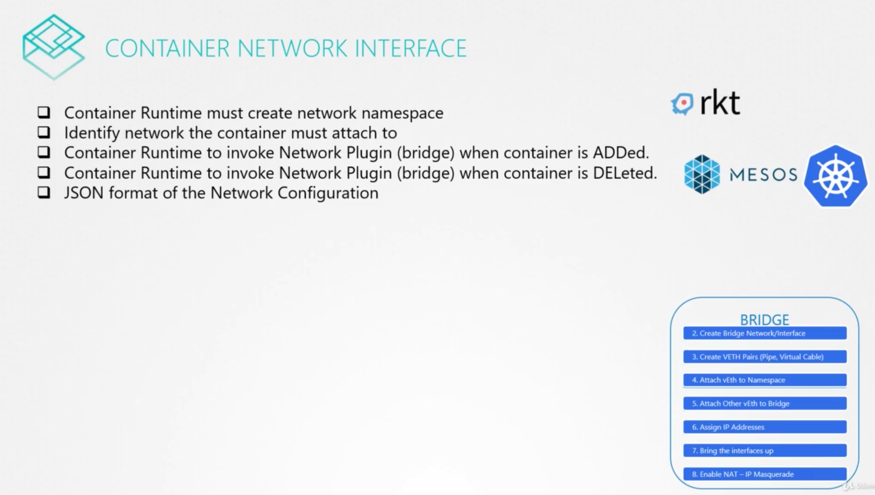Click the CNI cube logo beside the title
pos(53,47)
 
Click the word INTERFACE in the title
pos(411,48)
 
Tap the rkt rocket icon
pos(682,104)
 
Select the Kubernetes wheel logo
pos(836,176)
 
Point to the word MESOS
pos(764,175)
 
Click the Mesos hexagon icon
pos(702,174)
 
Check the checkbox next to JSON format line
pos(44,192)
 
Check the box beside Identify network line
pos(44,132)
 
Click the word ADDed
pos(621,153)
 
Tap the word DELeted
pos(625,173)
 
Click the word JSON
pos(84,193)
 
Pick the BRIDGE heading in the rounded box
pos(765,319)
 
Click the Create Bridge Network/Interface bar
pos(765,333)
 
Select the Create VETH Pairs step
pos(765,357)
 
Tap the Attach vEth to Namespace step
pos(765,380)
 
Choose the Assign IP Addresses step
pos(765,427)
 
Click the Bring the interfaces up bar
pos(765,450)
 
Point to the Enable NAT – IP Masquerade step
pos(765,474)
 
